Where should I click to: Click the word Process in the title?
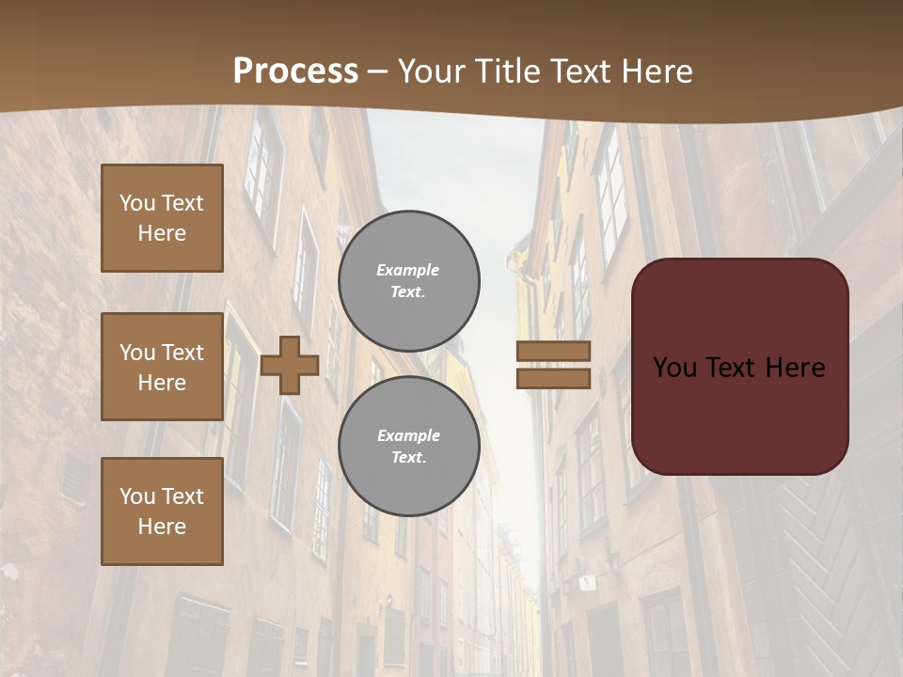coord(295,71)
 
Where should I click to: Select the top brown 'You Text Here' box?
coord(162,218)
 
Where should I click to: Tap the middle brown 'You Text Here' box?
coord(162,367)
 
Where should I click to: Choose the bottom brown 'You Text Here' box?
coord(162,511)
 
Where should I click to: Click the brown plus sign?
coord(290,366)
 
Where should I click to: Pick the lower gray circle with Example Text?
coord(408,447)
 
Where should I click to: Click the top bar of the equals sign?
coord(553,352)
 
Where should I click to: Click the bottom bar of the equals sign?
coord(553,378)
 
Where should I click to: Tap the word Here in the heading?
coord(656,71)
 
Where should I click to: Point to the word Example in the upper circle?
coord(407,270)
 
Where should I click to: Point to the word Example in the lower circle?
coord(408,435)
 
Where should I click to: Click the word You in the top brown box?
coord(136,203)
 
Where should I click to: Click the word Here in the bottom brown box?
coord(162,527)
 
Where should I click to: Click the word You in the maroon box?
coord(674,368)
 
